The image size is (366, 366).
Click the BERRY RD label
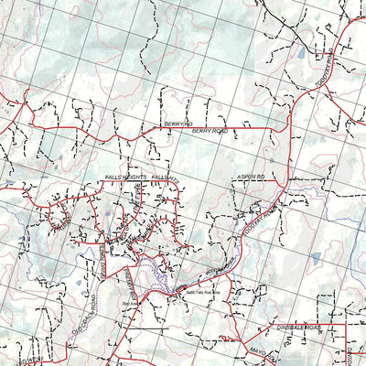179,123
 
